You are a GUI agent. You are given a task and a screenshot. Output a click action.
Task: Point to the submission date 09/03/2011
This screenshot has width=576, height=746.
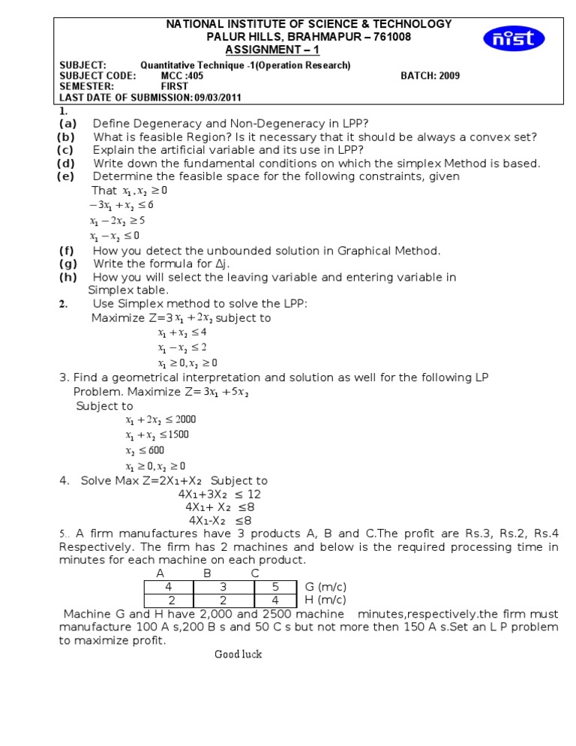(217, 97)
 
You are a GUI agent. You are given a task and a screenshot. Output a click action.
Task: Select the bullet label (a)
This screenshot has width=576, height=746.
(67, 123)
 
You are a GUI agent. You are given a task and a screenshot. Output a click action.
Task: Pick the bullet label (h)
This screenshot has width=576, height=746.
(67, 277)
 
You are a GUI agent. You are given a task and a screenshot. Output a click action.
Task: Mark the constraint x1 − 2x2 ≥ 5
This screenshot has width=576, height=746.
(117, 221)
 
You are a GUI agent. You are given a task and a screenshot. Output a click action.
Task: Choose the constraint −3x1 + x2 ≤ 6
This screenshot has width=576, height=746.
(121, 205)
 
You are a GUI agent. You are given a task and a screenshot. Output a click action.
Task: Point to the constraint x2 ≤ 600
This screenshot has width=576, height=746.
(145, 450)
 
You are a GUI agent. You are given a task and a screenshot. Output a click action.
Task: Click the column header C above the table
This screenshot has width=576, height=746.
(255, 573)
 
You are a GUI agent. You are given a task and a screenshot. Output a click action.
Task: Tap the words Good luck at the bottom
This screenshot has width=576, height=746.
(238, 654)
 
